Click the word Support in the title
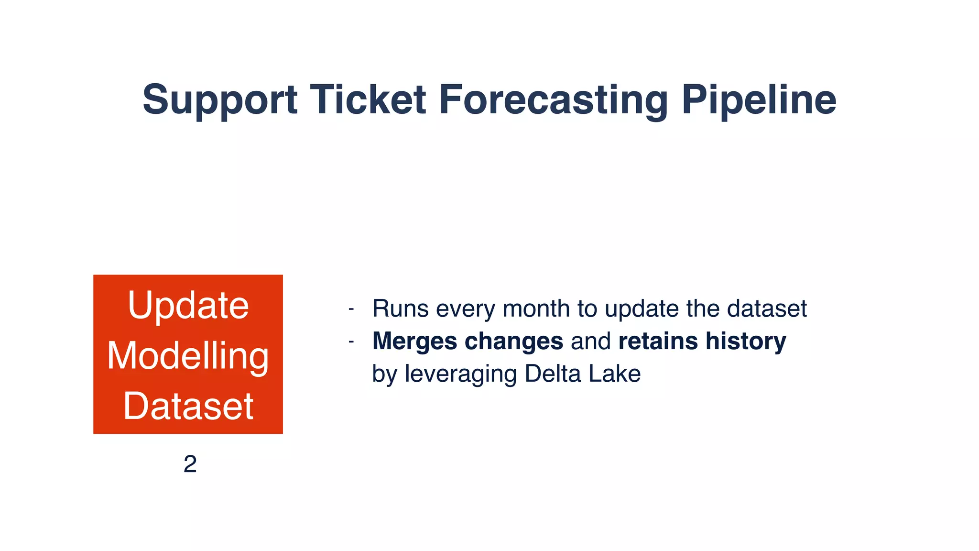pos(220,100)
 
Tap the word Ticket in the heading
pos(368,100)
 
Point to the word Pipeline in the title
pos(759,100)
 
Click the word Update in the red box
pos(188,306)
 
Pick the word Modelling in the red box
pos(188,356)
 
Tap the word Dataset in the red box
pos(188,407)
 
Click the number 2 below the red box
pos(190,464)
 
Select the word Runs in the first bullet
pos(401,309)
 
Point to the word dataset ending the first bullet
pos(767,309)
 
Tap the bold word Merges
pos(414,342)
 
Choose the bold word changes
pos(514,342)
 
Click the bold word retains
pos(658,342)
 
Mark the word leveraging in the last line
pos(461,374)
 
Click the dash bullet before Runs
pos(351,309)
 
